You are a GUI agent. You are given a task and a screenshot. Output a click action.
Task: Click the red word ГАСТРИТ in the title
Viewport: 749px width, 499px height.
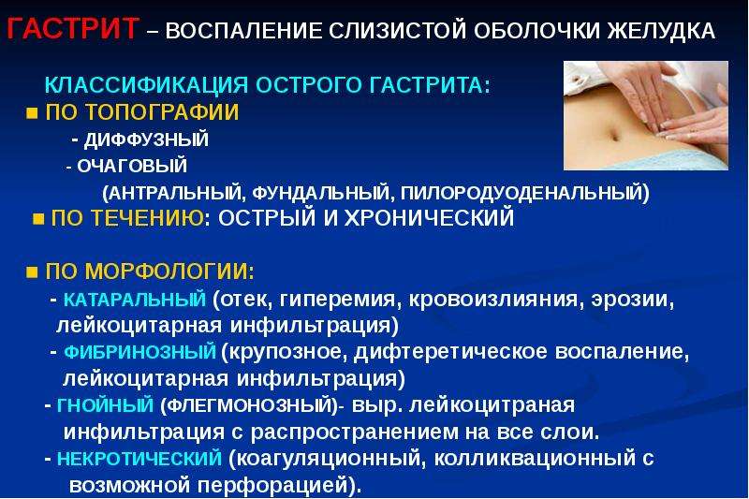point(73,28)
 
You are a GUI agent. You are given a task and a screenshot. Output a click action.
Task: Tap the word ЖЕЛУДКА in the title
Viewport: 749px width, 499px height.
point(661,31)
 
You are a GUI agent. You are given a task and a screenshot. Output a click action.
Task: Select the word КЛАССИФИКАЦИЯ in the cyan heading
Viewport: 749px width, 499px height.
point(146,85)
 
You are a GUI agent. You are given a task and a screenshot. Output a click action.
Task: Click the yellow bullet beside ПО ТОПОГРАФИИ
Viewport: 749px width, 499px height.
point(32,113)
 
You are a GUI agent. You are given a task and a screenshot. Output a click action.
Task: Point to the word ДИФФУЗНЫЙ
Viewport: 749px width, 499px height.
point(146,139)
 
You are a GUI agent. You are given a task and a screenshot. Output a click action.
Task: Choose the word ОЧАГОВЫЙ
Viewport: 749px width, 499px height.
point(132,166)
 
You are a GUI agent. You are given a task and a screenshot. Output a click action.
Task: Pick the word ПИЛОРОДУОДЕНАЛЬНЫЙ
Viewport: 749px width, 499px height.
point(522,193)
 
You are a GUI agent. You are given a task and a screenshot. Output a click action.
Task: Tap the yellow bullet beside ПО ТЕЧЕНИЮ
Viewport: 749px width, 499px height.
point(38,219)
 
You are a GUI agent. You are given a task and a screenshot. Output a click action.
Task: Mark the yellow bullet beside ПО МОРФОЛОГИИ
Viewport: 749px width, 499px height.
point(32,272)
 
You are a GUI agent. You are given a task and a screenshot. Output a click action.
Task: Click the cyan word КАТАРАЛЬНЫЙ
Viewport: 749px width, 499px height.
point(134,300)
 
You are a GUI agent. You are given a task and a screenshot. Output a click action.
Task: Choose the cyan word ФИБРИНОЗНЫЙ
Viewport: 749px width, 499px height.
point(140,352)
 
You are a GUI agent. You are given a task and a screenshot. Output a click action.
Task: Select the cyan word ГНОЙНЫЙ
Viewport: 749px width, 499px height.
point(105,405)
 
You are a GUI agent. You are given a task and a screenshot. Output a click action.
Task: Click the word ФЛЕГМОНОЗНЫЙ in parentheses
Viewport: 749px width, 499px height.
point(249,405)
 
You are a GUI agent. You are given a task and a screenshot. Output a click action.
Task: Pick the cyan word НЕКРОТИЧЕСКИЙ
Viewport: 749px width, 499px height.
point(139,459)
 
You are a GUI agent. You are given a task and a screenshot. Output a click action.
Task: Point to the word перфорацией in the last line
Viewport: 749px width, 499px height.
point(272,486)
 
